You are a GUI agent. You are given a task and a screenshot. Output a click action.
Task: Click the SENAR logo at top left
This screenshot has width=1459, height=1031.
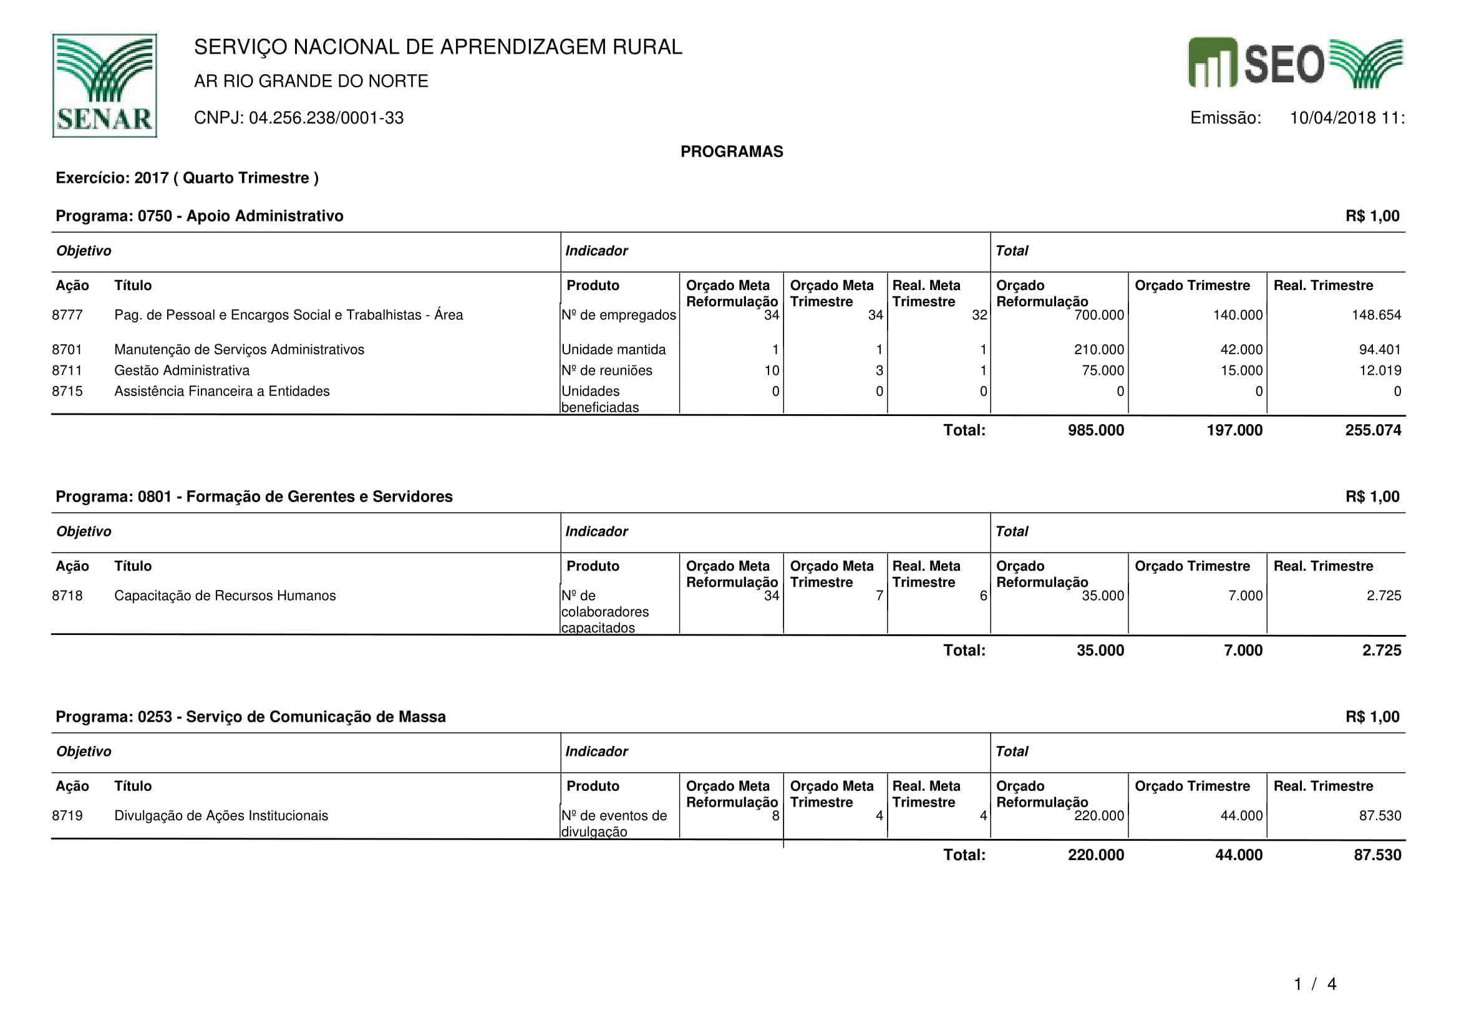[x=104, y=85]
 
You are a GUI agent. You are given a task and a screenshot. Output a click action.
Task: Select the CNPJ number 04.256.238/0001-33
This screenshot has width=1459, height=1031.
[x=326, y=118]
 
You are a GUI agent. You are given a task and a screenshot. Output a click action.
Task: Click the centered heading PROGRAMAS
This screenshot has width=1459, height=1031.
[x=732, y=152]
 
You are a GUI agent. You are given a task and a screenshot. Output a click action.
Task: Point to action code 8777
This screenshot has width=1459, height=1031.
[x=67, y=315]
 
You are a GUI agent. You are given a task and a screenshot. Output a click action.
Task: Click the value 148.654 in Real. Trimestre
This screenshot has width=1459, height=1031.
[x=1376, y=315]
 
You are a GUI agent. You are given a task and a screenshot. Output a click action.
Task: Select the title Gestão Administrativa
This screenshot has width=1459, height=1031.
[x=182, y=370]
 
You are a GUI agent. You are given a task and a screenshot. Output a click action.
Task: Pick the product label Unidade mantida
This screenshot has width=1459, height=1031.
[x=613, y=350]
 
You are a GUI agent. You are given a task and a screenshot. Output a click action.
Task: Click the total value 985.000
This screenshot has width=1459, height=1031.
[x=1095, y=430]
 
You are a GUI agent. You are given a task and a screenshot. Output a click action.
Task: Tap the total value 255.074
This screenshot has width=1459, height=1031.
[x=1372, y=430]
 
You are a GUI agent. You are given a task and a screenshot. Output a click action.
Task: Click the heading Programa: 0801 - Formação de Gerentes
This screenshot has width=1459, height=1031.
[x=254, y=496]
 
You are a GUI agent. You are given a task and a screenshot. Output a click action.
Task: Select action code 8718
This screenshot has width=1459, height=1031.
[x=67, y=596]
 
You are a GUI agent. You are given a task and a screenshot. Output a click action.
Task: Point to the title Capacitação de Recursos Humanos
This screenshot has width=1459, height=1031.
[x=225, y=596]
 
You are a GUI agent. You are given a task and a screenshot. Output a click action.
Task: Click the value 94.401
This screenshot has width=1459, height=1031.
[x=1380, y=350]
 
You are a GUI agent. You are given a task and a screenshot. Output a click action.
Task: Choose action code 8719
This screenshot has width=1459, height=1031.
[x=67, y=816]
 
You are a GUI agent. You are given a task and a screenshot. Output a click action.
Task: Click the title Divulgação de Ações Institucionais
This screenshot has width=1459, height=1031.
[x=221, y=816]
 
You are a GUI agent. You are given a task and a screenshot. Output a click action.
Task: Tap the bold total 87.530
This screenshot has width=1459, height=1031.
[x=1377, y=855]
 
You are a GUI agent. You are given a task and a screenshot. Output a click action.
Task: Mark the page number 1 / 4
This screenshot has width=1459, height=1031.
[x=1315, y=985]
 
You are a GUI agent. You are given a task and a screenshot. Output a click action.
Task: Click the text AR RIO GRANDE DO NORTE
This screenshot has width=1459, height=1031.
[x=311, y=81]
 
